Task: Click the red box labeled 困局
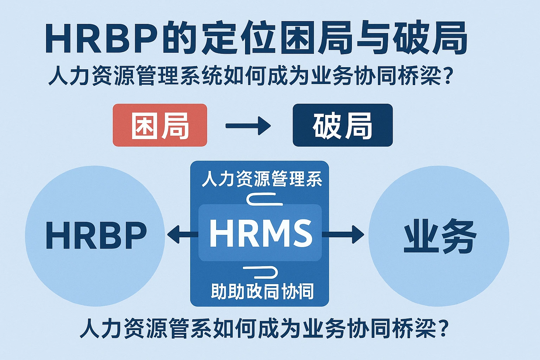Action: [160, 125]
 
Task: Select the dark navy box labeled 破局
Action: [342, 125]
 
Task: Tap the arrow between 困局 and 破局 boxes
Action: [248, 126]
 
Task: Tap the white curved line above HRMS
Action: [264, 200]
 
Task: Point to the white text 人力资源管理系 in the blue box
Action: [262, 179]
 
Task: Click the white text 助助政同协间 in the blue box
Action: [262, 291]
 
